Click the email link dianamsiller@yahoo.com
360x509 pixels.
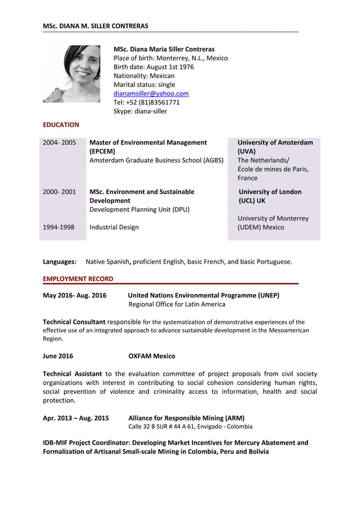(151, 94)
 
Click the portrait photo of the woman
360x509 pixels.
(72, 74)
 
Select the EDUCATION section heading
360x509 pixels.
(61, 125)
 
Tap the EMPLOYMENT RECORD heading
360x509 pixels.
(78, 279)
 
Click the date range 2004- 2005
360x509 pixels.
(59, 143)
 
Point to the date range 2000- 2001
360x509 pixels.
(59, 192)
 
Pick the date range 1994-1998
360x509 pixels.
(59, 227)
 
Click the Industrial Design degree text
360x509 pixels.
(114, 227)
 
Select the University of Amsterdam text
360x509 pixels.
(275, 143)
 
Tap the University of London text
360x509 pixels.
(270, 192)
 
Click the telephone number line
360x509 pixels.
(147, 103)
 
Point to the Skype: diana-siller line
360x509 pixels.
(140, 111)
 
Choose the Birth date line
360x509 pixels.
(153, 67)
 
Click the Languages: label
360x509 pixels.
(60, 262)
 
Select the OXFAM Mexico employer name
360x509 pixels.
(151, 356)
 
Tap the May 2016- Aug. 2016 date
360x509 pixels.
(74, 295)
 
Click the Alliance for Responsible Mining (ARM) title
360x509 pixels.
(186, 418)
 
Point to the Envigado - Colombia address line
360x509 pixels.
(190, 427)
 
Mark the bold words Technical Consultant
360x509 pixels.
(74, 322)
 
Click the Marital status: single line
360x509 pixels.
(144, 85)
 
